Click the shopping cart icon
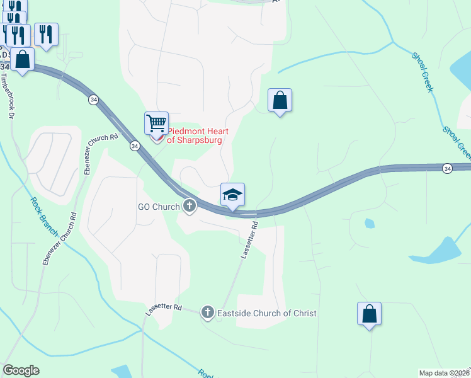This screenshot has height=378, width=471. (x=156, y=122)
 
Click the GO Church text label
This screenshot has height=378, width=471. (x=159, y=207)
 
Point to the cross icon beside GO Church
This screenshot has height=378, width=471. (x=190, y=206)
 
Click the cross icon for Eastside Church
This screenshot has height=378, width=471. (x=207, y=312)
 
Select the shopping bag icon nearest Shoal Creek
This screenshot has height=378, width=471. (x=280, y=100)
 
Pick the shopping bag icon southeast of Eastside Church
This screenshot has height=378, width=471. (x=369, y=314)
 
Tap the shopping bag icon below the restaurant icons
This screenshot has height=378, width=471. (x=23, y=60)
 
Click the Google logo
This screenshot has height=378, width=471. (x=21, y=370)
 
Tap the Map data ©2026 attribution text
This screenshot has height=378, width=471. (x=445, y=373)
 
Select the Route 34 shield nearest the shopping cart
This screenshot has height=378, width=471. (x=135, y=146)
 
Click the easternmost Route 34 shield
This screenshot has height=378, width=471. (x=447, y=168)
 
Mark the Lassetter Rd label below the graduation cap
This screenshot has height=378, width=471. (x=249, y=240)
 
